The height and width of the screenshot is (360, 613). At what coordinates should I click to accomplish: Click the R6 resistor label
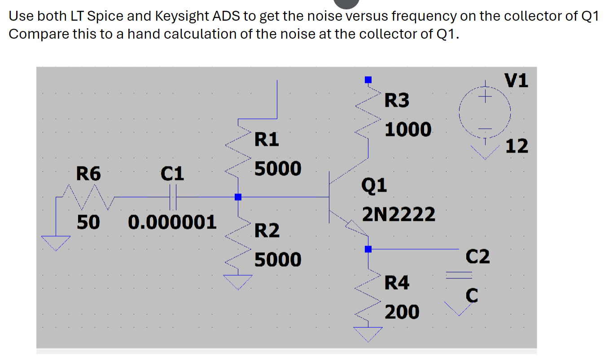pyautogui.click(x=89, y=174)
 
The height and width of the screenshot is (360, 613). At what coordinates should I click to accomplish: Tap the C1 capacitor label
pyautogui.click(x=173, y=174)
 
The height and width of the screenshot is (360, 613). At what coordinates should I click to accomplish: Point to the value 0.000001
pyautogui.click(x=172, y=222)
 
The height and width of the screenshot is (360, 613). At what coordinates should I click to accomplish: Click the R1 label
pyautogui.click(x=267, y=140)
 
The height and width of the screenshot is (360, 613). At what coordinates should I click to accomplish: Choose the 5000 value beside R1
pyautogui.click(x=278, y=169)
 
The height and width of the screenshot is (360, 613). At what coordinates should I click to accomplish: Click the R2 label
pyautogui.click(x=267, y=231)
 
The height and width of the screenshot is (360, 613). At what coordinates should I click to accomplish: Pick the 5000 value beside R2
pyautogui.click(x=278, y=260)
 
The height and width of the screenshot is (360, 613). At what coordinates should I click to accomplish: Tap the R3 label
pyautogui.click(x=397, y=101)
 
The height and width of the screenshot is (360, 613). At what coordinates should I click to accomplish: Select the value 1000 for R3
pyautogui.click(x=408, y=130)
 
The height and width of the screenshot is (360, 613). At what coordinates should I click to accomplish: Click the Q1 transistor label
pyautogui.click(x=374, y=185)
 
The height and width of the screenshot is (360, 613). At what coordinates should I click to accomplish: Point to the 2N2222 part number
pyautogui.click(x=398, y=215)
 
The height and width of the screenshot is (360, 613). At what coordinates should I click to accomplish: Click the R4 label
pyautogui.click(x=397, y=283)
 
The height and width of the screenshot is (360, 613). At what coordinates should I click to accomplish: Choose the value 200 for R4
pyautogui.click(x=402, y=312)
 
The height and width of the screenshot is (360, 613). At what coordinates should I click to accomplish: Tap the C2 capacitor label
pyautogui.click(x=477, y=257)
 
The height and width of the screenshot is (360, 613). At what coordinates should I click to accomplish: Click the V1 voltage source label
pyautogui.click(x=517, y=81)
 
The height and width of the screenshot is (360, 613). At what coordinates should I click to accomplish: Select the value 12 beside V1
pyautogui.click(x=517, y=146)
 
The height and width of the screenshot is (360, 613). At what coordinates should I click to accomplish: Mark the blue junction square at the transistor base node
pyautogui.click(x=238, y=197)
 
